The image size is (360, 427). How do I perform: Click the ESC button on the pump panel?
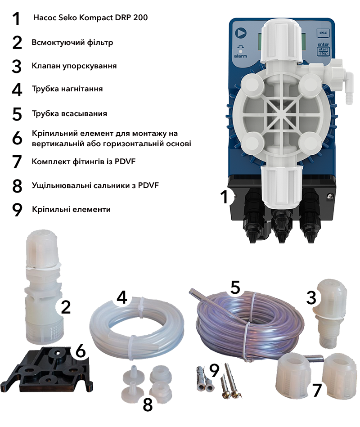point(323,33)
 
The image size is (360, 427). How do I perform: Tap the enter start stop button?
point(323,49)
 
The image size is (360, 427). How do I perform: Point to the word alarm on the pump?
point(240,56)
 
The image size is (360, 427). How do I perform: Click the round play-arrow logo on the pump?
point(240,33)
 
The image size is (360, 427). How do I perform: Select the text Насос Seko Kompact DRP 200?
point(90,18)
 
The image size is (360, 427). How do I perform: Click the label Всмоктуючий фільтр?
point(72,42)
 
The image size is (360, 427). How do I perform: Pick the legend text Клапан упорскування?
point(74,66)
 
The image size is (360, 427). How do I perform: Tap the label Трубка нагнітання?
point(67,89)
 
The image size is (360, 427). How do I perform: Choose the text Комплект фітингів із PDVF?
point(84,162)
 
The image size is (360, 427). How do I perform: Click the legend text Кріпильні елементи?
point(72,209)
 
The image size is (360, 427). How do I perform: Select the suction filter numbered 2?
point(44,288)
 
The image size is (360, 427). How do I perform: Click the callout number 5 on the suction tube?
point(235,288)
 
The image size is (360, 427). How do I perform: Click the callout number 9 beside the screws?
point(214,370)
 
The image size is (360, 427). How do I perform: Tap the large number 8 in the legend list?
point(17,186)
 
